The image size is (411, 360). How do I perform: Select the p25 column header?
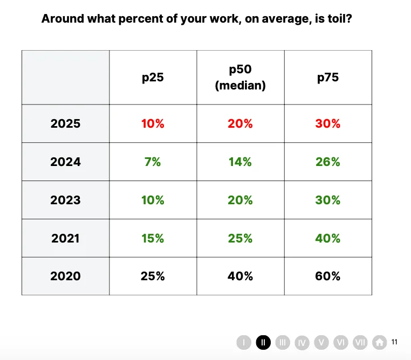[x=153, y=77]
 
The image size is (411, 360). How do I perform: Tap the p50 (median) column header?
[x=240, y=77]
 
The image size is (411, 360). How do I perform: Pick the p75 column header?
[x=328, y=77]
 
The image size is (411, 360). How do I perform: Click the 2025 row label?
[x=65, y=123]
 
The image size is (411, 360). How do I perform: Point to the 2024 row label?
[x=65, y=162]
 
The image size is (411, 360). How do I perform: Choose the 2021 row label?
[x=65, y=238]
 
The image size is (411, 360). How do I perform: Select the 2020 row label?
[x=65, y=276]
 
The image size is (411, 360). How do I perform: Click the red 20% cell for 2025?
[x=240, y=123]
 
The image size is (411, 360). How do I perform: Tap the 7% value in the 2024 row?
[x=153, y=162]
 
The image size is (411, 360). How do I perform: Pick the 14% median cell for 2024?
[x=240, y=162]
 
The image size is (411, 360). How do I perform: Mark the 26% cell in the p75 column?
[x=328, y=162]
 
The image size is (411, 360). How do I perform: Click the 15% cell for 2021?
[x=153, y=238]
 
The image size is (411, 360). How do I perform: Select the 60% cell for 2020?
[x=328, y=276]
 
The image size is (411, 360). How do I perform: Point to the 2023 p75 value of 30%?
[x=328, y=200]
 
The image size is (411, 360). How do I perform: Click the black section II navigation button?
[x=263, y=342]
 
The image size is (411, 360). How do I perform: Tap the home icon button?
[x=380, y=342]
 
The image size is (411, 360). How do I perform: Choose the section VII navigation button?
[x=360, y=342]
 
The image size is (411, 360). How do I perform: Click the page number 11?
[x=395, y=342]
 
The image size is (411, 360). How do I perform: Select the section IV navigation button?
[x=302, y=342]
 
